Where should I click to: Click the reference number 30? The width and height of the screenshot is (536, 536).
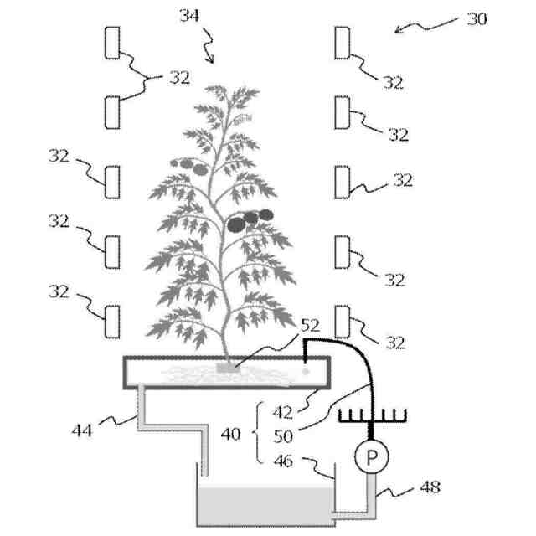[477, 18]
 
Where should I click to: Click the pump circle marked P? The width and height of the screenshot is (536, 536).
[368, 457]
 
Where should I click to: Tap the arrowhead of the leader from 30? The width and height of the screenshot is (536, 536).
[398, 30]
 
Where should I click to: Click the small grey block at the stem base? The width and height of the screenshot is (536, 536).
[224, 367]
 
